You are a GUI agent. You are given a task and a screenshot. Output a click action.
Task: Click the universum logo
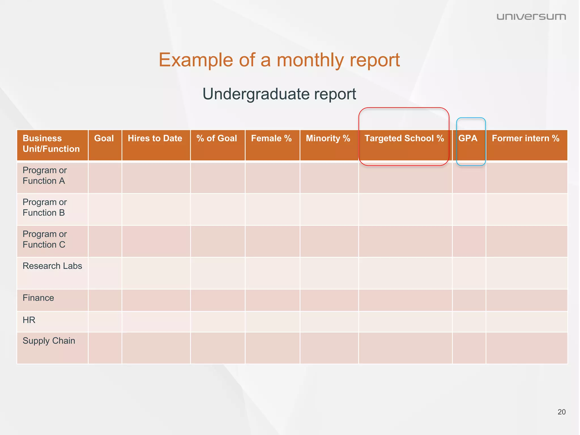click(x=531, y=17)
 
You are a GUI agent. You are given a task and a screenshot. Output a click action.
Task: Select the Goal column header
click(x=104, y=138)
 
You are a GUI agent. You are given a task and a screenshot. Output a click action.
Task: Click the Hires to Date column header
click(x=155, y=138)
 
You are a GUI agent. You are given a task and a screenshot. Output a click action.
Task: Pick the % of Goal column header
click(x=217, y=138)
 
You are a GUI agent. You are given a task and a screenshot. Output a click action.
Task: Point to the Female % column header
click(x=271, y=138)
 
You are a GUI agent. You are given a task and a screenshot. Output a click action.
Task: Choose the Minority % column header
click(x=328, y=138)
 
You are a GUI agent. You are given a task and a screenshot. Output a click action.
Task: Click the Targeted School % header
click(x=404, y=138)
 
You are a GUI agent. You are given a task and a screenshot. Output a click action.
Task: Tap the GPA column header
click(x=468, y=138)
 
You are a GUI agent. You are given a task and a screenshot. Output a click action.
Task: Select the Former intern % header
click(x=526, y=138)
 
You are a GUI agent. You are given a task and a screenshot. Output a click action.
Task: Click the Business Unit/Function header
click(x=51, y=144)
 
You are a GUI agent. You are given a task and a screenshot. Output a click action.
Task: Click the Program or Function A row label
click(x=45, y=176)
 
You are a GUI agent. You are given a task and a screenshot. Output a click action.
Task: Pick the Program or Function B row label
click(x=45, y=208)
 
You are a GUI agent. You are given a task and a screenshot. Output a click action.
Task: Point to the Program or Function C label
click(x=45, y=239)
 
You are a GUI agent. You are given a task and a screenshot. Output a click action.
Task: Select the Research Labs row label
click(x=52, y=266)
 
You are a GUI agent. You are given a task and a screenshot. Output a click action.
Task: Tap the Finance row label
click(x=38, y=298)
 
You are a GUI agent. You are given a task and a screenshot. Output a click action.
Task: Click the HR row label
click(x=29, y=320)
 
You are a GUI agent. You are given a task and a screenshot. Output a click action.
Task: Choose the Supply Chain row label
click(x=49, y=341)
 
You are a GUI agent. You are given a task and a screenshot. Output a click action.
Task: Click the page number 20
click(x=561, y=412)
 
